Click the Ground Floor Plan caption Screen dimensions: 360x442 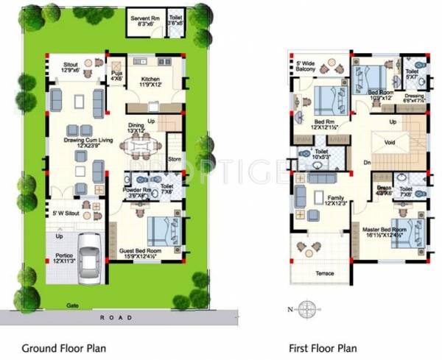click(x=63, y=347)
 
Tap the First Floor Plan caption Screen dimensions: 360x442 click(x=322, y=347)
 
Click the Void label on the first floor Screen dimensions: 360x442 click(x=390, y=143)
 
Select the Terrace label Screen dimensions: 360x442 click(x=324, y=273)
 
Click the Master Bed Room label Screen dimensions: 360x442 click(x=385, y=230)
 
